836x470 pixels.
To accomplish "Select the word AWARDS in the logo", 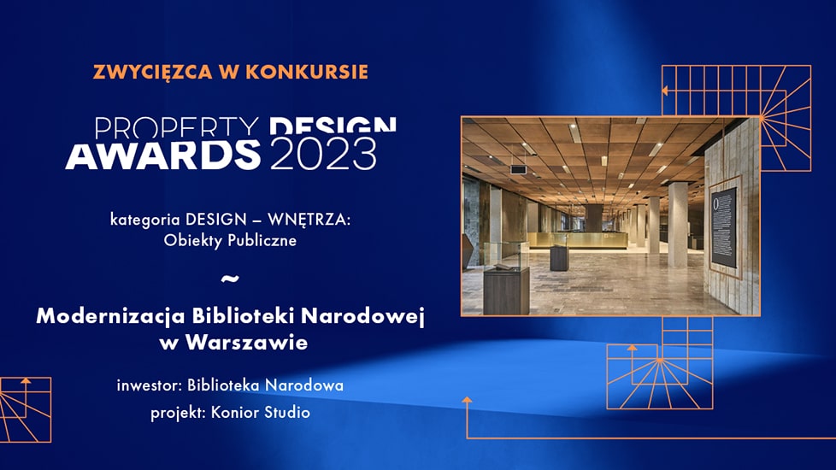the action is click(x=162, y=155).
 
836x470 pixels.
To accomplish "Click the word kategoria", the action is click(x=144, y=220).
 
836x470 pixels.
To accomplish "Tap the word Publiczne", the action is click(x=262, y=240).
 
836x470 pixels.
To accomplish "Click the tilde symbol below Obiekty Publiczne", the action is click(x=230, y=279).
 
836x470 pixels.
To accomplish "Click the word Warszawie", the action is click(x=246, y=342).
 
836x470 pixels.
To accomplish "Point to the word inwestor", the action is click(x=150, y=385).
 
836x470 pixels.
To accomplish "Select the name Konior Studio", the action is click(x=261, y=412).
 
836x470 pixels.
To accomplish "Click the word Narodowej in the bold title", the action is click(x=362, y=316).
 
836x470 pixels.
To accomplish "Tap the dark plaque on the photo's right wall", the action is click(x=723, y=226).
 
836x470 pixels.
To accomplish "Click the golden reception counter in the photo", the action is click(x=577, y=240).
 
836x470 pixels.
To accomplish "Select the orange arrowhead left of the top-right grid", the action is click(x=665, y=91).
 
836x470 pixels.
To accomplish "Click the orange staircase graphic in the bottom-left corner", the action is click(x=26, y=409).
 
